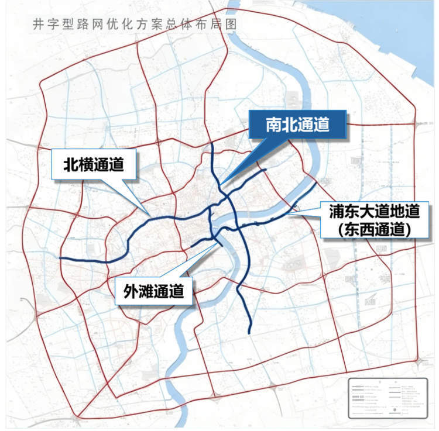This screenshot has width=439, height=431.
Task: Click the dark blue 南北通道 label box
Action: click(x=297, y=125)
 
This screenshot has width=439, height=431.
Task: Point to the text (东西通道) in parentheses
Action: click(x=375, y=229)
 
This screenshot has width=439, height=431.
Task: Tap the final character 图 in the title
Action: click(x=232, y=25)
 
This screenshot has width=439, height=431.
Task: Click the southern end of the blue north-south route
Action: click(x=250, y=333)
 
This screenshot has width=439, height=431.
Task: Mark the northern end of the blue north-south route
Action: click(x=212, y=142)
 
